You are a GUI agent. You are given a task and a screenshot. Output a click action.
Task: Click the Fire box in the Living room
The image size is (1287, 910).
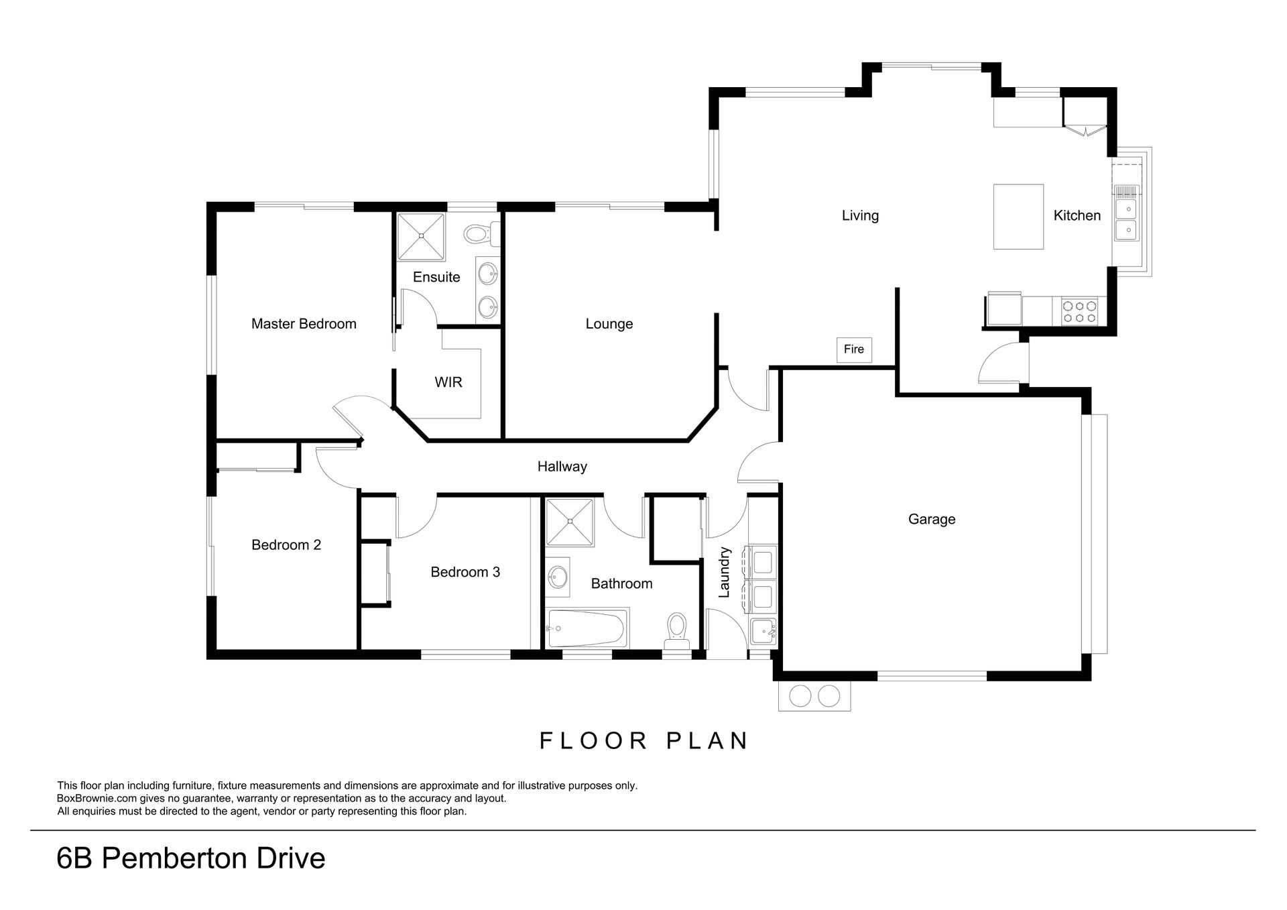[x=854, y=349]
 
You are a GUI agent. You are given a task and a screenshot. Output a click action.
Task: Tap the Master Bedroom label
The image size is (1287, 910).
[x=304, y=324]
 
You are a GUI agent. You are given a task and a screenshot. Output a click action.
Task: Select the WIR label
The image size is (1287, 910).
[x=448, y=382]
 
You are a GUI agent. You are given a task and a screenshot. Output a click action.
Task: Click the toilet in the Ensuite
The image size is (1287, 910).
[x=479, y=235]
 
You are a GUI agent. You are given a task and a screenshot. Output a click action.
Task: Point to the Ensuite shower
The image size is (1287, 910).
[x=421, y=237]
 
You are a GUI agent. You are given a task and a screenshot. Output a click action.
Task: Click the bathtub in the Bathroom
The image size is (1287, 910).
[x=587, y=628]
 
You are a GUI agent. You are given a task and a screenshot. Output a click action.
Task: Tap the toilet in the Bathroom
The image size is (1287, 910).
[x=677, y=630]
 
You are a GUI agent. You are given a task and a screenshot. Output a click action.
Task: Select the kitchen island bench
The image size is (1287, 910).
[x=1018, y=217]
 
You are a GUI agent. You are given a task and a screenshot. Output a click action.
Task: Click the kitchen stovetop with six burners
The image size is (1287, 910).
[x=1079, y=311]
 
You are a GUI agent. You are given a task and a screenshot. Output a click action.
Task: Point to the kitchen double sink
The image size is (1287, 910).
[x=1126, y=220]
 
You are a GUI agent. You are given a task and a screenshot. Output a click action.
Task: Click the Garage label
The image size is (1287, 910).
[x=932, y=519]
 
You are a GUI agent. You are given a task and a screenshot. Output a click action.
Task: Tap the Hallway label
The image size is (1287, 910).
[x=562, y=467]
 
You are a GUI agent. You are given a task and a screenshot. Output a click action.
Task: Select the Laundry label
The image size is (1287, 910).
[x=724, y=572]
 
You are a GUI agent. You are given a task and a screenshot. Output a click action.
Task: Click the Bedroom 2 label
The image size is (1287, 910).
[x=286, y=545]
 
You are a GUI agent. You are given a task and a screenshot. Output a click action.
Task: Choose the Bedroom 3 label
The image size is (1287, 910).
[x=465, y=572]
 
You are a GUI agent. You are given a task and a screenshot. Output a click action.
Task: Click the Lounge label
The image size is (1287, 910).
[x=609, y=324]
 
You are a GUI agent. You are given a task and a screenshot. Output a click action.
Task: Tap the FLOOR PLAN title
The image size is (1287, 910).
[x=644, y=740]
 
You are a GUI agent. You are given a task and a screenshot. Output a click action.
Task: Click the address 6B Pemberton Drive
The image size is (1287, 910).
[x=191, y=859]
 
